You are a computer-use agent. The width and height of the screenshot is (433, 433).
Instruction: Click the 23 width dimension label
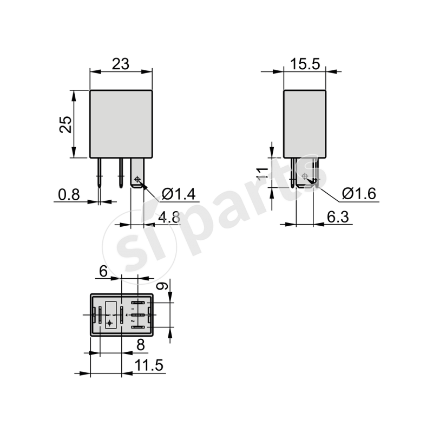click(x=120, y=64)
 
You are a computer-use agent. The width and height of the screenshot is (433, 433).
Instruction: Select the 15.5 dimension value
click(x=305, y=64)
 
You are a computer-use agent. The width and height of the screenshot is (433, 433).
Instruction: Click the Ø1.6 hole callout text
click(x=359, y=194)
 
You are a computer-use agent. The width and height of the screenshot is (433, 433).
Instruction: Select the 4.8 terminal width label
click(x=168, y=218)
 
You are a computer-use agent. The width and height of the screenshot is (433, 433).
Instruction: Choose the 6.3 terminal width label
click(x=339, y=218)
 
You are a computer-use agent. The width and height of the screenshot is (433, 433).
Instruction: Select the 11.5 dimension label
click(x=149, y=366)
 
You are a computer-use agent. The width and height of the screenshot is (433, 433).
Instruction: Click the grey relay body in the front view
click(x=121, y=123)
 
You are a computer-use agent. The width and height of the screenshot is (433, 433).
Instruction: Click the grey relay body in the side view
click(x=305, y=123)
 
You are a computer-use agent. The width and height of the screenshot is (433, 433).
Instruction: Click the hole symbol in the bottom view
click(x=110, y=323)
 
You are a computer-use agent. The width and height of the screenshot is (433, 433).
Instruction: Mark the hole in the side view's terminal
click(x=306, y=176)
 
